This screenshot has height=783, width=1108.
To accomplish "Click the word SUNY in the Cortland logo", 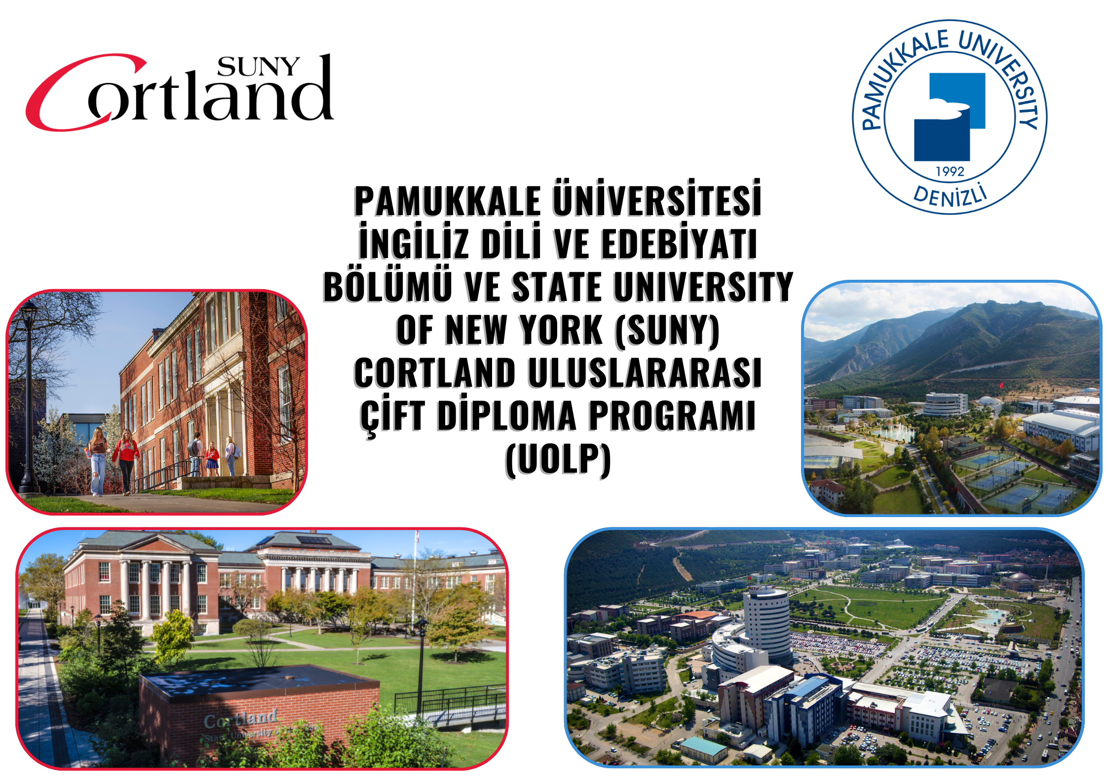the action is click(258, 67).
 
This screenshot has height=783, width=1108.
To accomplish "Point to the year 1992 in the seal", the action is click(950, 171).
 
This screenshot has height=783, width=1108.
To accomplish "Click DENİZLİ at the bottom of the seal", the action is click(950, 196).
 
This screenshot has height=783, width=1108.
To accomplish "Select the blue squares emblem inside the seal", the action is click(950, 117).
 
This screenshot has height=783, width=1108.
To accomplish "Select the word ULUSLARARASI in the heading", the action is click(645, 373).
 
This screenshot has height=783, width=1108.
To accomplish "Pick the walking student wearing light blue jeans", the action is click(98, 462).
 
